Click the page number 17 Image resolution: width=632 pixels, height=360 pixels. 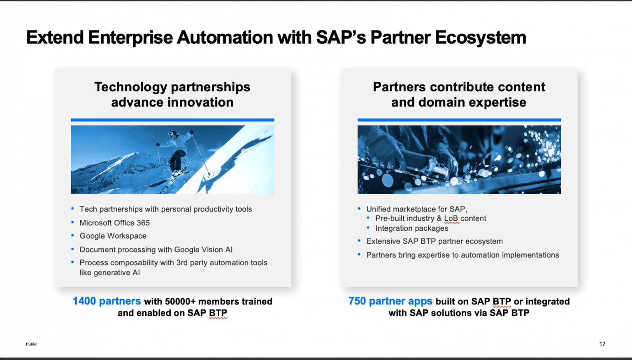point(602,344)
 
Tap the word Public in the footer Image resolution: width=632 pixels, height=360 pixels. point(31,344)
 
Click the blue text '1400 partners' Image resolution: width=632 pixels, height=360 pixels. point(107,301)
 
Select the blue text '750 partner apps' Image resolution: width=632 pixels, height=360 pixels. point(390,301)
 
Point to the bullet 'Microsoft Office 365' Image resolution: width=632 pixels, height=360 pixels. point(114,223)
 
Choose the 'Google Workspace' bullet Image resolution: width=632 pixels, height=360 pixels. point(113,236)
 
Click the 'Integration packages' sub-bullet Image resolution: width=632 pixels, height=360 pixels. point(411,228)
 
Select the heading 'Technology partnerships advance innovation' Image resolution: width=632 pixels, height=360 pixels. point(172,95)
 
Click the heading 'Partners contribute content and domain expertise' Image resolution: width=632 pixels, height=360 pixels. point(459,95)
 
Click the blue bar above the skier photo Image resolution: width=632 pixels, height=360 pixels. point(172,120)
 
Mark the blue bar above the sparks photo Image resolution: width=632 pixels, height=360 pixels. point(459,120)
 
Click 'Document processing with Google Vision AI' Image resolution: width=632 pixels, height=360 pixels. point(156,249)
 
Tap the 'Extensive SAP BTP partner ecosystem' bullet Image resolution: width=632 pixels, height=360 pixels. point(434,241)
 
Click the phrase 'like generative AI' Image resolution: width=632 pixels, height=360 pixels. point(109,272)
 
